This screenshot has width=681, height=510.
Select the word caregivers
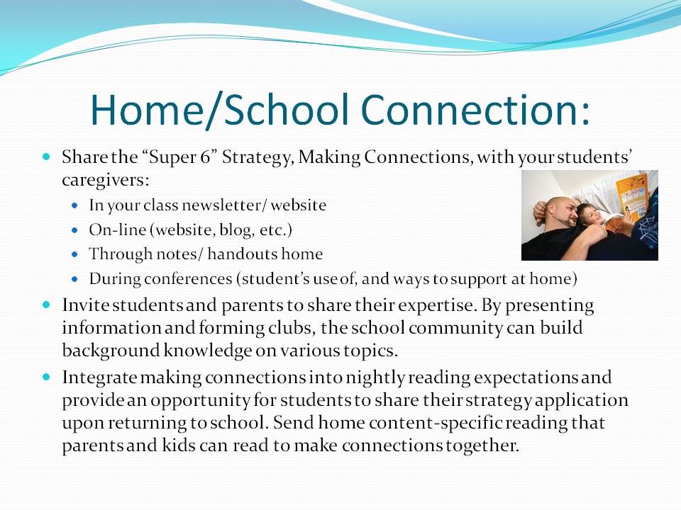105,180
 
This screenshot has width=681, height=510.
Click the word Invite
82,305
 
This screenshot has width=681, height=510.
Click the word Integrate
96,378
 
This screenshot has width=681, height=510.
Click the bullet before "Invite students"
48,305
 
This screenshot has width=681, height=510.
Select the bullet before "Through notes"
76,254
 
